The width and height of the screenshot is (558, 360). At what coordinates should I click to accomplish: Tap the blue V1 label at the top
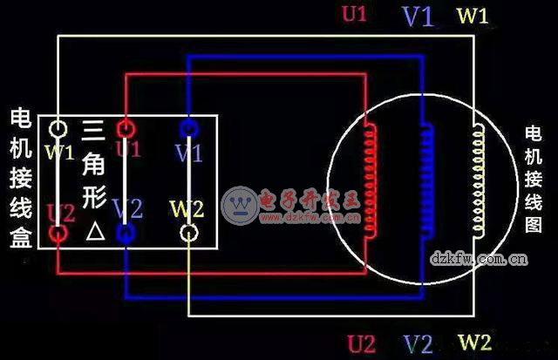click(418, 17)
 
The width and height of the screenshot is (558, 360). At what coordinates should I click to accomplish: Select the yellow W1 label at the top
click(473, 16)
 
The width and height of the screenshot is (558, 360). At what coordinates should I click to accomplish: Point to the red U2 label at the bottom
click(362, 342)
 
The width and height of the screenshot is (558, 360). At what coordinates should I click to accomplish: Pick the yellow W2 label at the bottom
click(474, 342)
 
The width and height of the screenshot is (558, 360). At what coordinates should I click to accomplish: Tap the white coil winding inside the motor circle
click(478, 178)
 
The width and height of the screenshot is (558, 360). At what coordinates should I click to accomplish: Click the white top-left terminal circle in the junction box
click(58, 129)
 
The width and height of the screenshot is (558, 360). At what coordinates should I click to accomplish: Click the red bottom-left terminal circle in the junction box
click(58, 233)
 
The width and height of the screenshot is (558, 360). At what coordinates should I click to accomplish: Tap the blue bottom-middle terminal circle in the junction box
click(126, 233)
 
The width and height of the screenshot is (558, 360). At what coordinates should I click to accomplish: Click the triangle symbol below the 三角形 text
click(94, 233)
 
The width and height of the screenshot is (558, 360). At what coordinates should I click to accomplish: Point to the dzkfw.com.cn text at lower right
click(479, 258)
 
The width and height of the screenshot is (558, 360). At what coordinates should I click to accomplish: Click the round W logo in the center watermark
click(237, 203)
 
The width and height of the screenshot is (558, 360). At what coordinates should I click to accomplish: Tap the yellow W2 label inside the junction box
click(187, 210)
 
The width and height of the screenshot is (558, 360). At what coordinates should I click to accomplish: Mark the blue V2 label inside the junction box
click(127, 209)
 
